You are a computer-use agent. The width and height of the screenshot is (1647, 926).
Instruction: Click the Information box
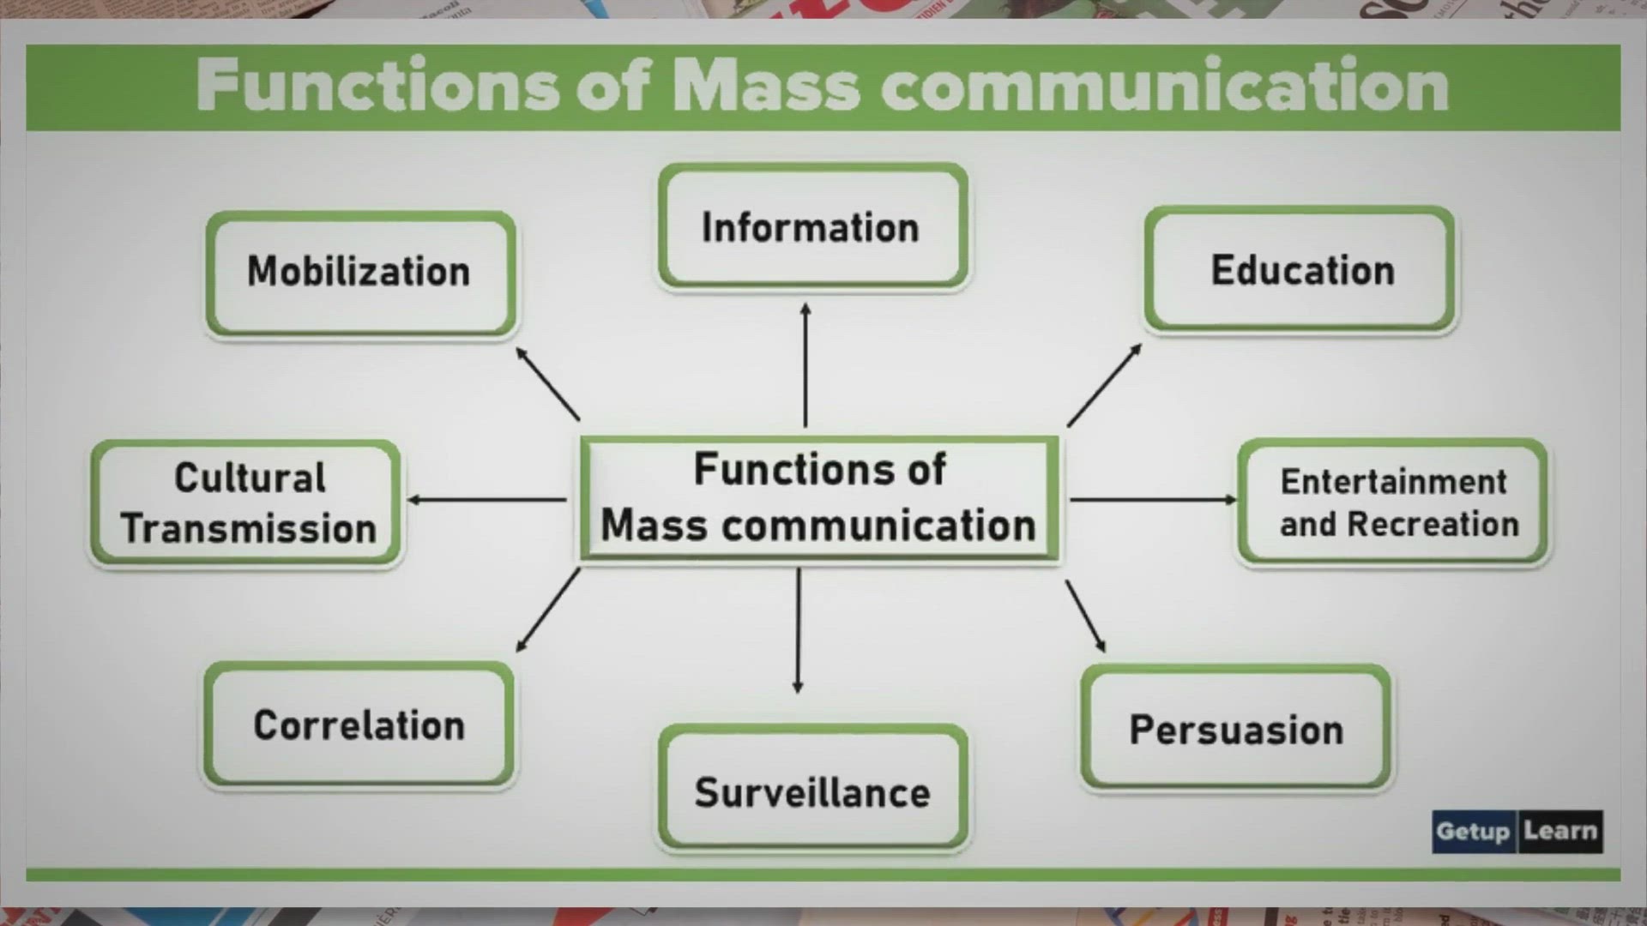tap(813, 226)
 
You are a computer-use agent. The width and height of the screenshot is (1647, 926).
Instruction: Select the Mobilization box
tap(360, 274)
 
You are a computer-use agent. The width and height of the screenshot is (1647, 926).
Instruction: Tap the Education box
tap(1300, 269)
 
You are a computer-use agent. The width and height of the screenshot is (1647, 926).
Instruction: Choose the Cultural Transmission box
tap(246, 502)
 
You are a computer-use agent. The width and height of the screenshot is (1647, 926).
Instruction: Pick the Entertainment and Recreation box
tap(1393, 502)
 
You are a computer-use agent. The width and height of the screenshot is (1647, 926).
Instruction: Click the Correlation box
tap(359, 725)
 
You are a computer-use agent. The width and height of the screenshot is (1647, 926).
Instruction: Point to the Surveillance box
tap(813, 788)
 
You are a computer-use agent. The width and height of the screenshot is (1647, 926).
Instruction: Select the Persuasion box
tap(1236, 727)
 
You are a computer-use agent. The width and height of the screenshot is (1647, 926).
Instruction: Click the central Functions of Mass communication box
tap(820, 498)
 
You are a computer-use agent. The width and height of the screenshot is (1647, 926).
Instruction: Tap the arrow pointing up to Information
tap(805, 364)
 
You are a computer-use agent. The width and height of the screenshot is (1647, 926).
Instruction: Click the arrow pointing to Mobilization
tap(547, 383)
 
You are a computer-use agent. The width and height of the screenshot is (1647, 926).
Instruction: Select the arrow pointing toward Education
tap(1104, 385)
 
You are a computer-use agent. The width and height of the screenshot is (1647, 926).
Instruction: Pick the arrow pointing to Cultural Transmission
tap(486, 499)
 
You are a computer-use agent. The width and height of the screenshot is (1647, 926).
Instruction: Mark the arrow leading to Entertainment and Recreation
tap(1154, 499)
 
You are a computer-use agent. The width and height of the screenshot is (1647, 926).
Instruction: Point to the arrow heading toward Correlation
tap(548, 610)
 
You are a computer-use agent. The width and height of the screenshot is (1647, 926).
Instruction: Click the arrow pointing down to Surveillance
tap(798, 630)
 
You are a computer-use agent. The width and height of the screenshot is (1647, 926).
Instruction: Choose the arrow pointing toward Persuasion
tap(1085, 616)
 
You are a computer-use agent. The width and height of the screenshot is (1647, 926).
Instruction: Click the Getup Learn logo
tap(1517, 831)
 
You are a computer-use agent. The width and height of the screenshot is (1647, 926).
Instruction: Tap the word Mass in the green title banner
tap(766, 86)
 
